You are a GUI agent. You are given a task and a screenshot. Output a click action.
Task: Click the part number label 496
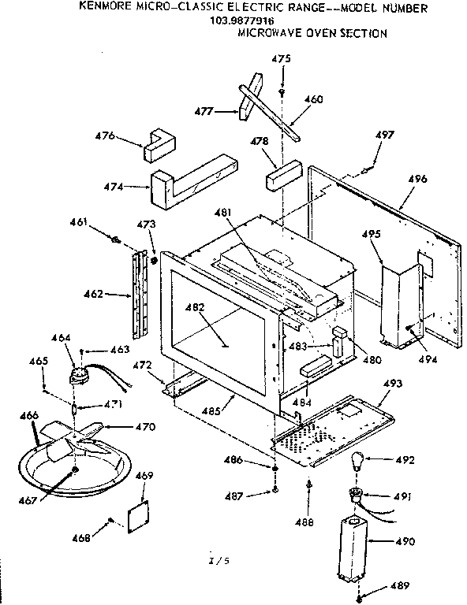pos(418,180)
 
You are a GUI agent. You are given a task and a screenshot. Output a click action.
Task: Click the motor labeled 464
pos(80,375)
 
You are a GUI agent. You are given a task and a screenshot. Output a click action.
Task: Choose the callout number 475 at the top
pos(281,59)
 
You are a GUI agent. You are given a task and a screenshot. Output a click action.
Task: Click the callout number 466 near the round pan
pos(28,415)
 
